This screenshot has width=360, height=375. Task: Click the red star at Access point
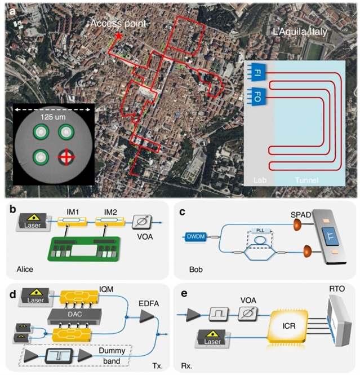pos(119,36)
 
